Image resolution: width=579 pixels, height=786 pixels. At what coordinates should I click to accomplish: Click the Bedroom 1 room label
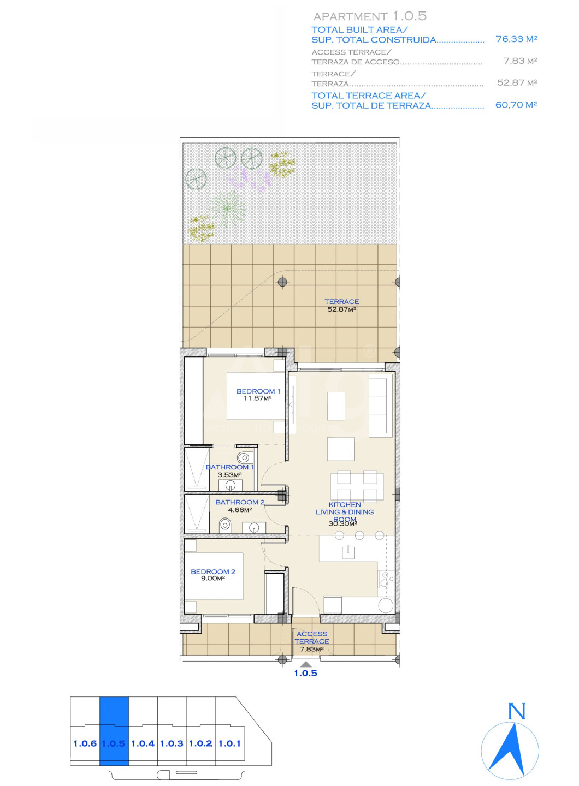pyautogui.click(x=258, y=391)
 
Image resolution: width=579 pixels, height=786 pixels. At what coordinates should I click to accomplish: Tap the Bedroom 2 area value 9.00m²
pyautogui.click(x=213, y=578)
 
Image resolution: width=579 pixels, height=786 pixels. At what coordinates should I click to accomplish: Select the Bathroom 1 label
pyautogui.click(x=229, y=467)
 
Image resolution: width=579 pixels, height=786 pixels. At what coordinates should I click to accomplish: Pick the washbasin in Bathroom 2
pyautogui.click(x=254, y=527)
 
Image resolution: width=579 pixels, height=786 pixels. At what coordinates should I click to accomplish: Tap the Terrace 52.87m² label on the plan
pyautogui.click(x=341, y=305)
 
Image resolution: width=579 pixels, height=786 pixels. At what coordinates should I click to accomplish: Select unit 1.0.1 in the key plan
pyautogui.click(x=229, y=743)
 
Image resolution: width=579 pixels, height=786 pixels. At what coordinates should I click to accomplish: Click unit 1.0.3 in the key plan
pyautogui.click(x=172, y=743)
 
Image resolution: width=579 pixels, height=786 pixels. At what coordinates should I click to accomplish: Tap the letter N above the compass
pyautogui.click(x=517, y=711)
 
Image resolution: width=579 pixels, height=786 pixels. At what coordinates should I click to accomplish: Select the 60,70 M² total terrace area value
pyautogui.click(x=516, y=105)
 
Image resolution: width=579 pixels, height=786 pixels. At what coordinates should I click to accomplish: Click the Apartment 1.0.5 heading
pyautogui.click(x=370, y=16)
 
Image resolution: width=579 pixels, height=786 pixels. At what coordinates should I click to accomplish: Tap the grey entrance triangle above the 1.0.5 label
pyautogui.click(x=306, y=664)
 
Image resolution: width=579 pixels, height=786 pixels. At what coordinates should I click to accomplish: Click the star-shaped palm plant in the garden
pyautogui.click(x=228, y=208)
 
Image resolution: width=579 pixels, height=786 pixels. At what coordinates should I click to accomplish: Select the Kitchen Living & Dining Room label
pyautogui.click(x=345, y=512)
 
